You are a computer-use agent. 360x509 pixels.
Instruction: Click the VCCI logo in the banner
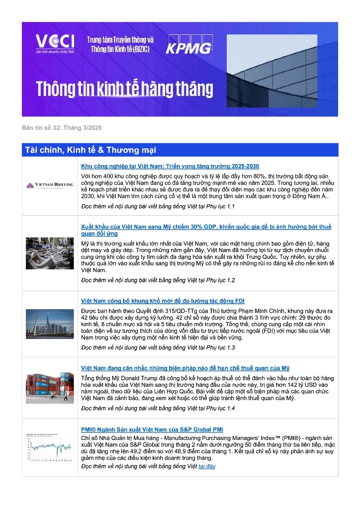click(55, 44)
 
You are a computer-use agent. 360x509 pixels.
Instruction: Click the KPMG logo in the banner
click(188, 45)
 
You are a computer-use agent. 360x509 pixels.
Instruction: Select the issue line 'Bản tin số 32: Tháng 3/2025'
click(62, 128)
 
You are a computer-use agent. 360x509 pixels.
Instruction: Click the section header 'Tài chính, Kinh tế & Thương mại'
click(90, 150)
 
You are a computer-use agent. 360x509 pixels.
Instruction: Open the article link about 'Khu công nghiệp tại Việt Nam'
click(170, 166)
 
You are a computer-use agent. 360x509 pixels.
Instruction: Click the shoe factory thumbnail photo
click(50, 254)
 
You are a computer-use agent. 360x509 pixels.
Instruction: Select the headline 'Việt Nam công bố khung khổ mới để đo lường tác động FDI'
click(163, 301)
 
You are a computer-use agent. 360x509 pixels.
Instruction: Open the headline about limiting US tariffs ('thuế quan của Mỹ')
click(185, 368)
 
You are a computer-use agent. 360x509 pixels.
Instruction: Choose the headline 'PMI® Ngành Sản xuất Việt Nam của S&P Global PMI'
click(152, 429)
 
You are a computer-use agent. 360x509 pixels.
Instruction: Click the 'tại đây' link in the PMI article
click(207, 466)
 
